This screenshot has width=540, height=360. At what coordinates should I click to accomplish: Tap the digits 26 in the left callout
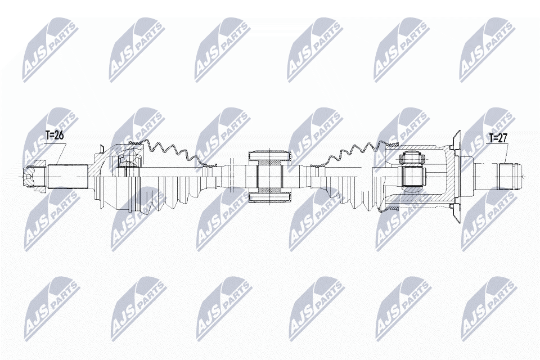tap(59, 136)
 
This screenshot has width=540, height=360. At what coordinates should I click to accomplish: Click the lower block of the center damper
tap(269, 195)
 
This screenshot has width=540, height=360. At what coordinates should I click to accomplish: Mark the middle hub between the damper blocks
tap(269, 175)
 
